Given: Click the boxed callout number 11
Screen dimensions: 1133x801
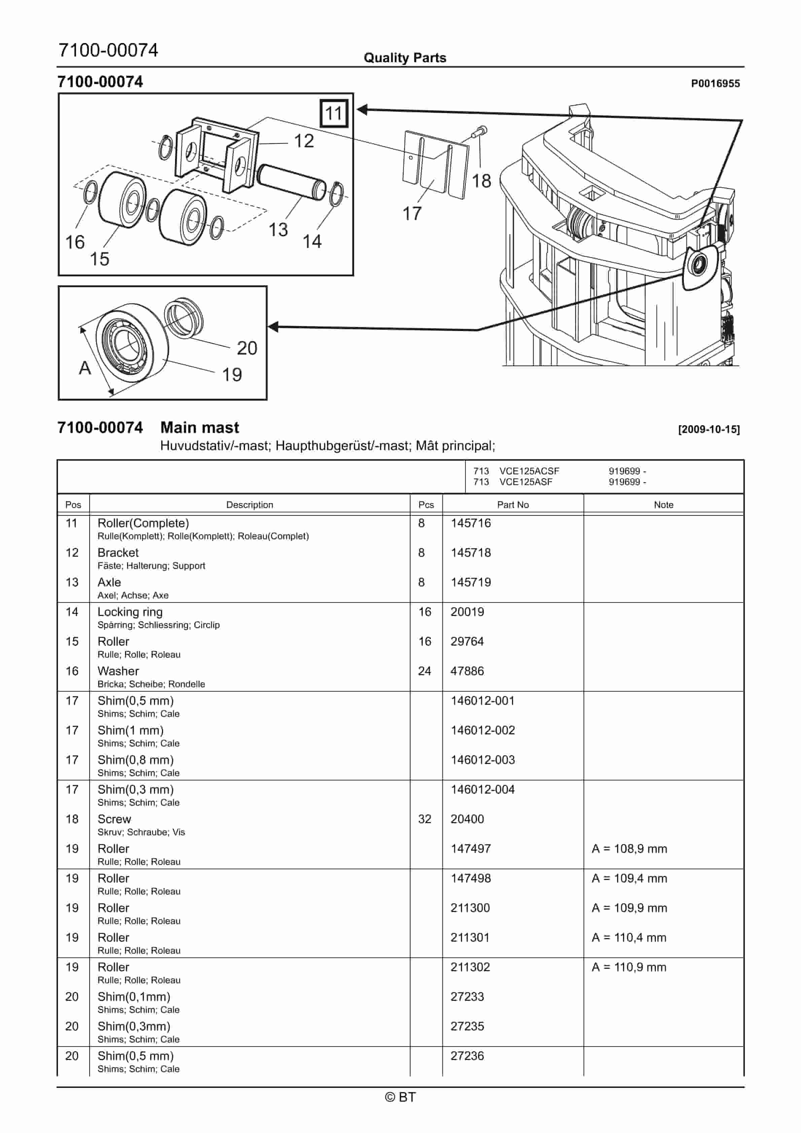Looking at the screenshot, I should [334, 113].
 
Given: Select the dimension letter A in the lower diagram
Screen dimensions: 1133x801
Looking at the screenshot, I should [85, 368].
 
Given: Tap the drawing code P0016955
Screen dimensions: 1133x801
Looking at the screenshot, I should [715, 83].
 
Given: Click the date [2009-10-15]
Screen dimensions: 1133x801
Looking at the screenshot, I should [709, 429].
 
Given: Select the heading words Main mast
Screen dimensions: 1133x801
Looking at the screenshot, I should [200, 427].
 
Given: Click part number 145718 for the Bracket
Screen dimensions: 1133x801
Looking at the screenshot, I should [471, 553].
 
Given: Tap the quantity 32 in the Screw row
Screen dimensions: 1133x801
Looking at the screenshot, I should [425, 819].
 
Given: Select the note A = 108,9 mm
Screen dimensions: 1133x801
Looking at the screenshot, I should [629, 849].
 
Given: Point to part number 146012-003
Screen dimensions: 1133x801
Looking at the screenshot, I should [483, 760].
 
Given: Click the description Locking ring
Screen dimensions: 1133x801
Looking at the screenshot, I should [130, 612].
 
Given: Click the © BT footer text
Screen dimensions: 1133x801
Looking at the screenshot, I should [401, 1097].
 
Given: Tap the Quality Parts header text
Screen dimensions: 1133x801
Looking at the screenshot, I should [405, 58].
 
